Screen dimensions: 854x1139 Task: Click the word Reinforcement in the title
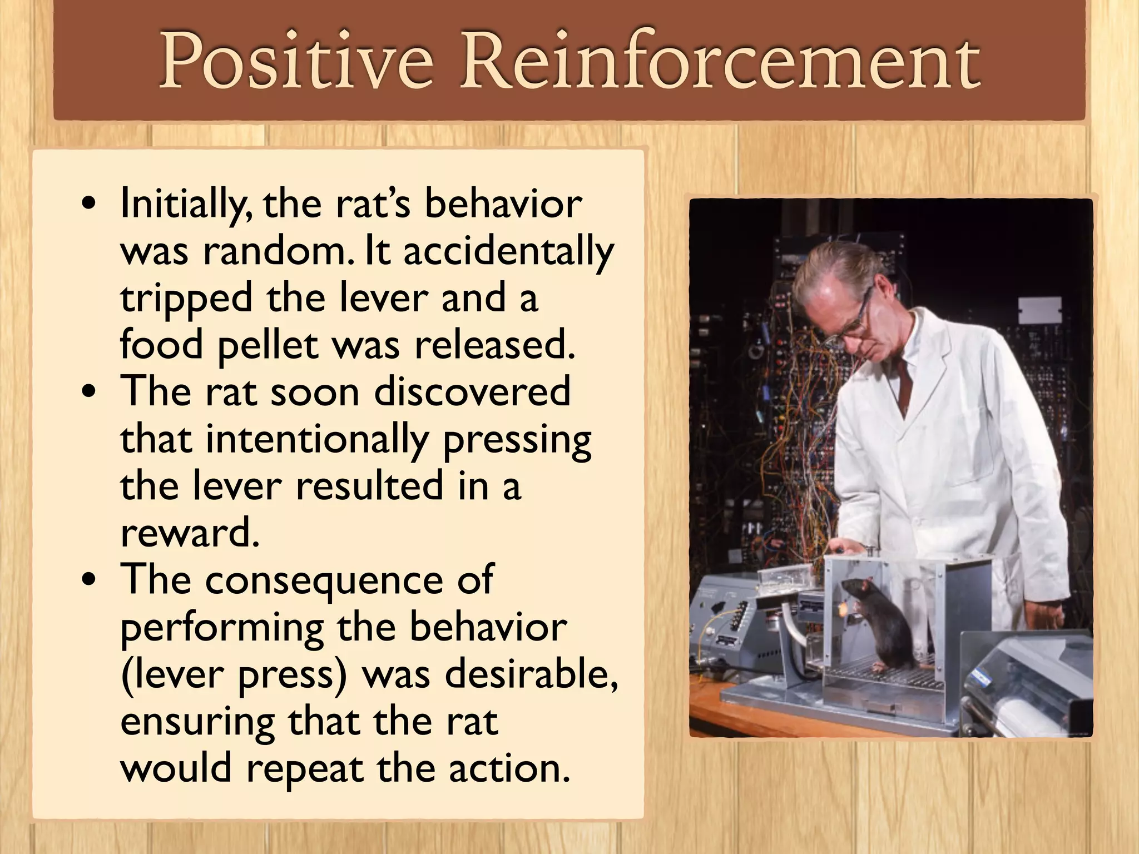coord(720,61)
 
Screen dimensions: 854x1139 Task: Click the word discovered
coord(472,392)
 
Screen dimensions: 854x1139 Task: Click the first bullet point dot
coord(89,205)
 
